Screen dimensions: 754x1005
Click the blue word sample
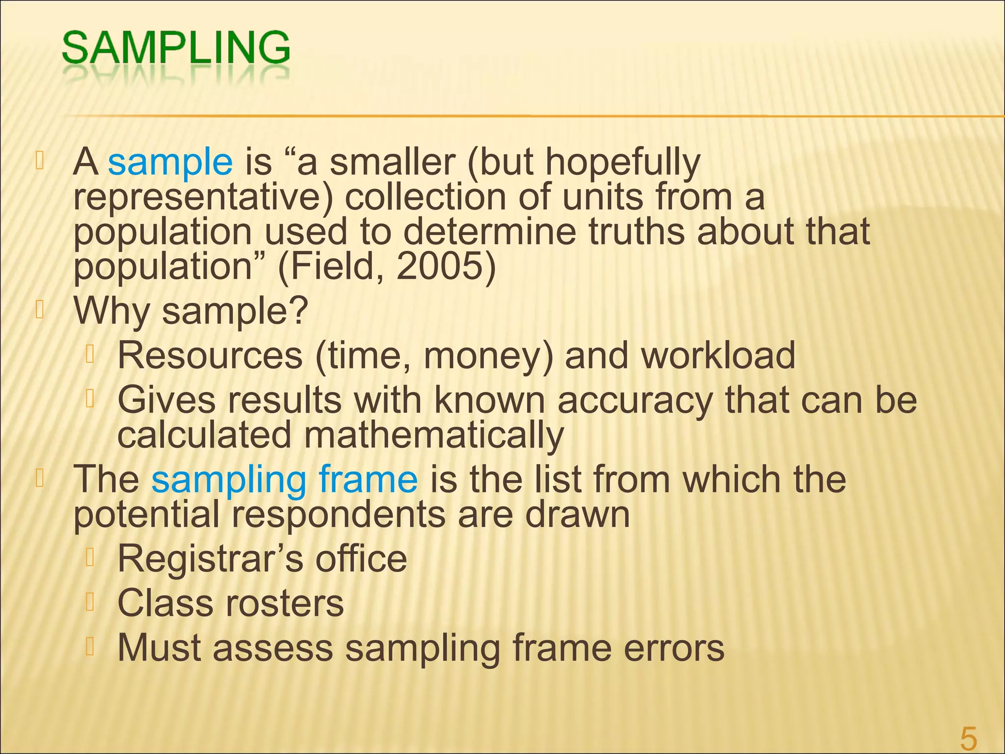point(170,162)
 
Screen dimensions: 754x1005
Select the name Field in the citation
point(333,267)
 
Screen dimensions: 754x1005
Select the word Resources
point(210,355)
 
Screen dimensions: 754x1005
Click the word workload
point(718,355)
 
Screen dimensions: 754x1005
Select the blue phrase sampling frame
point(284,479)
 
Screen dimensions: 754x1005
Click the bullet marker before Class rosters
point(89,602)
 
